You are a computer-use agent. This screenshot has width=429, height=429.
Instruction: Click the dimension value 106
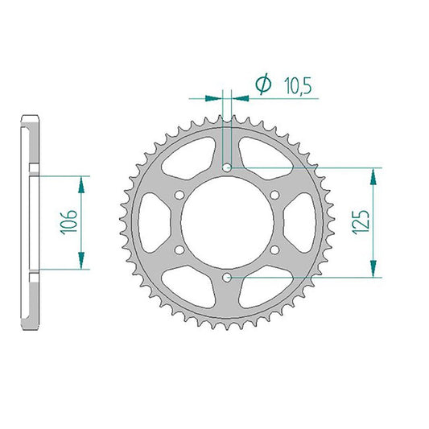coord(68,222)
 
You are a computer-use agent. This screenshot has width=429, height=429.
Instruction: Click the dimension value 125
coord(361,222)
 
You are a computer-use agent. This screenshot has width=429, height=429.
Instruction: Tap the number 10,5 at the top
coord(298,85)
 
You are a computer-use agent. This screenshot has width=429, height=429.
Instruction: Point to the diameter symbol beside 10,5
coord(263,84)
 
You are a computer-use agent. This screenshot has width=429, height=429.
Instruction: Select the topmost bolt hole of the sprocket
coord(227,167)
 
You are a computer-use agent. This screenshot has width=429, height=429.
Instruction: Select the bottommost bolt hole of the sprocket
coord(227,278)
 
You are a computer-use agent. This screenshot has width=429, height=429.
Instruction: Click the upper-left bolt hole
coord(179,195)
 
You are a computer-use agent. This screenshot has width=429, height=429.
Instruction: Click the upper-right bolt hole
coord(274,195)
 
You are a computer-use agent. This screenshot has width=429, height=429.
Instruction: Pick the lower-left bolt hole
coord(179,250)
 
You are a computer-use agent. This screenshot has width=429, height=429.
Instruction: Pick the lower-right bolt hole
coord(274,250)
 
